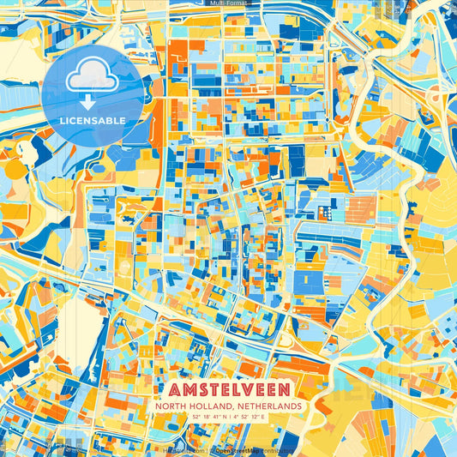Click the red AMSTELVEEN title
(x=229, y=388)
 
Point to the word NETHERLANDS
(x=268, y=406)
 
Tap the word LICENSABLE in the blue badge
(x=92, y=119)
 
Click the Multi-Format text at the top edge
(x=229, y=3)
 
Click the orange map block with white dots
(x=325, y=210)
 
